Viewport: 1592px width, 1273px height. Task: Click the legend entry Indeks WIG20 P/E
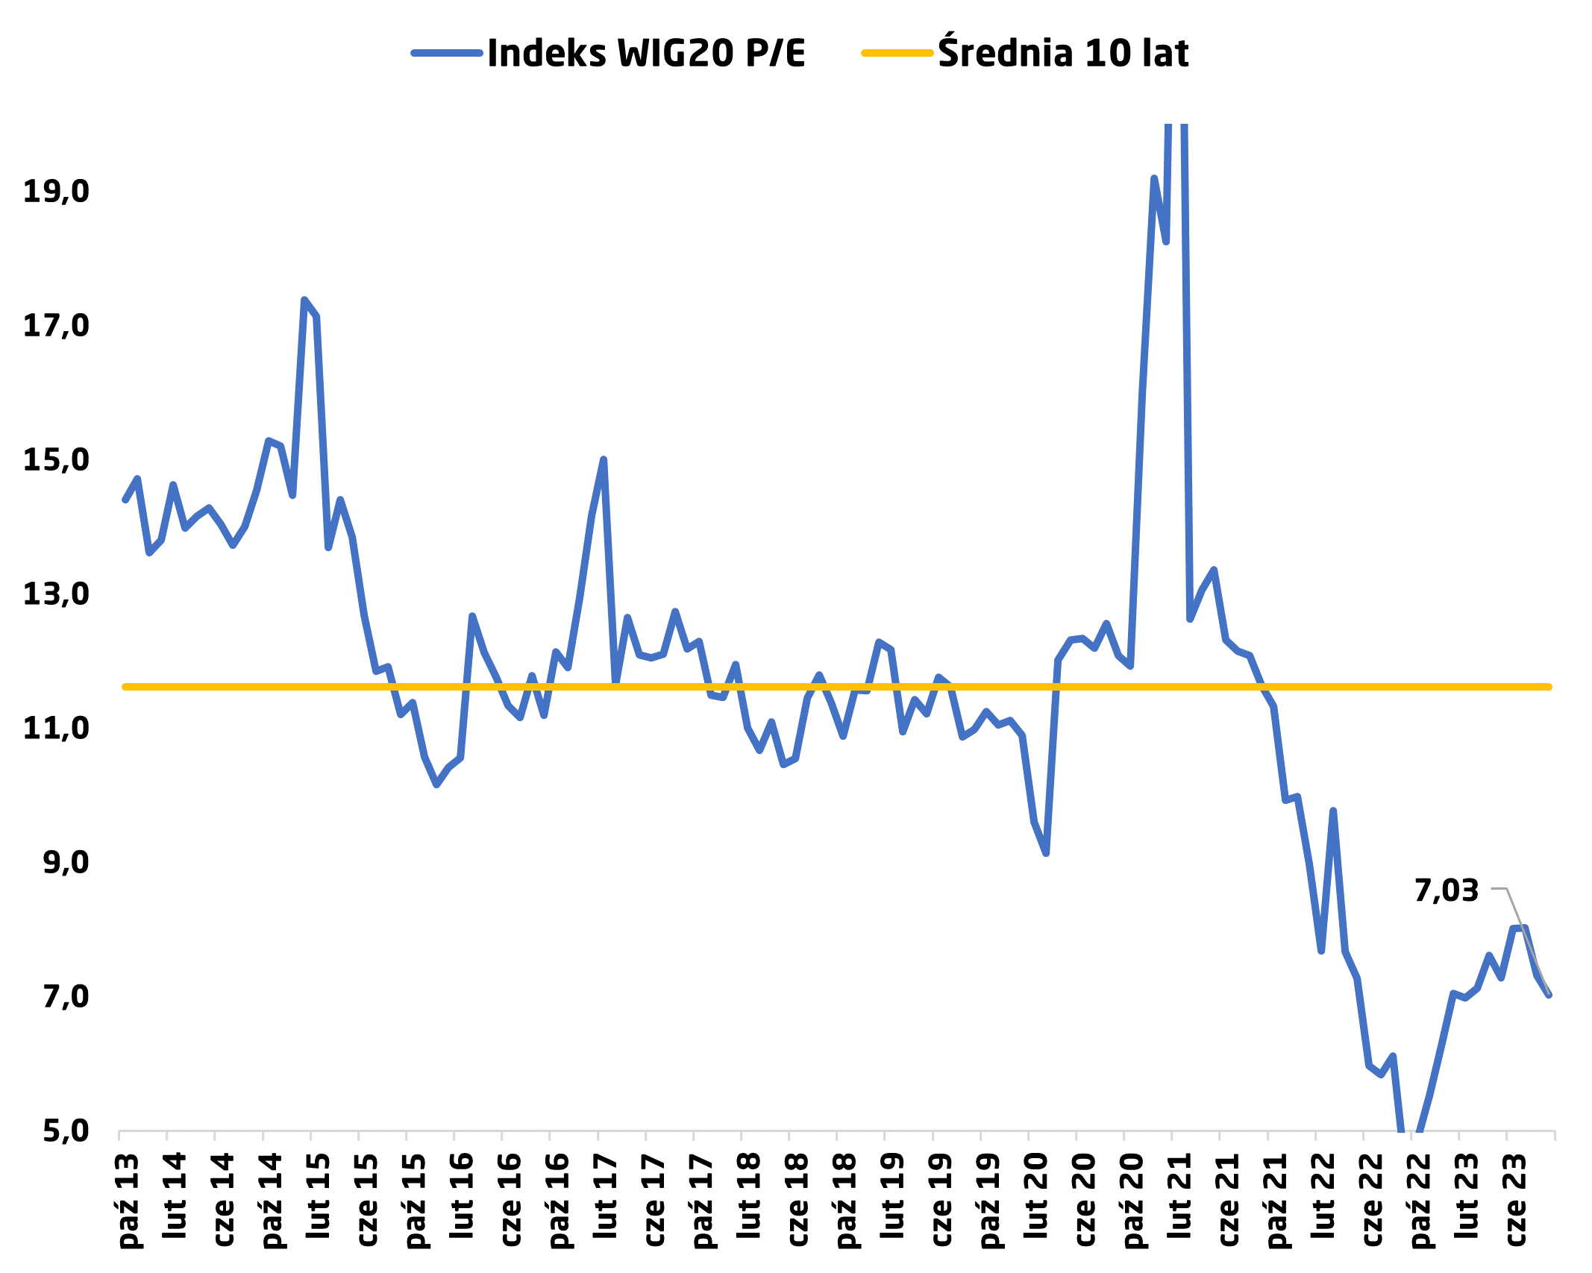click(646, 53)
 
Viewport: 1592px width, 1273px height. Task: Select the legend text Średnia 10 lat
click(1063, 53)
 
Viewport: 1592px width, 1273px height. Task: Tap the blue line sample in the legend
click(446, 53)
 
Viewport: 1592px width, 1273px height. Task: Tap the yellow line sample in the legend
click(897, 53)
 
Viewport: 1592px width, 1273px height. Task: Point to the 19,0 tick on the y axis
click(56, 192)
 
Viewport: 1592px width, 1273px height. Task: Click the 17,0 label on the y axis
click(56, 326)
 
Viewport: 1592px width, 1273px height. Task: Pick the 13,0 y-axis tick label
click(56, 594)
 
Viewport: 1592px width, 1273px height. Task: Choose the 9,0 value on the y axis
click(66, 863)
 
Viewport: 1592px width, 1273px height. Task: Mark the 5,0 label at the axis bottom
click(66, 1131)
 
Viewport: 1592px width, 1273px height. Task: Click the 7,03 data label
click(1446, 890)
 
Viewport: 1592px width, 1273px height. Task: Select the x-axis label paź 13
click(128, 1201)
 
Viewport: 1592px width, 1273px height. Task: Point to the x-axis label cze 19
click(941, 1201)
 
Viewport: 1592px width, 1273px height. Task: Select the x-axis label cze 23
click(1516, 1201)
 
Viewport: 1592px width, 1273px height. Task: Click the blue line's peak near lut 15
click(304, 300)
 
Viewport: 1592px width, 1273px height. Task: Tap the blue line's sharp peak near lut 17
click(604, 459)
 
